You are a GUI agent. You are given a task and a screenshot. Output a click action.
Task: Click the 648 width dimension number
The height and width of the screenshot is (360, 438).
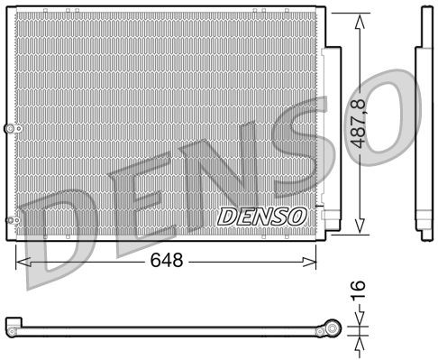166,262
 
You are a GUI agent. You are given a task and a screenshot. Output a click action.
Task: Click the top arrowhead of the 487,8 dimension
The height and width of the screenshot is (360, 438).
361,21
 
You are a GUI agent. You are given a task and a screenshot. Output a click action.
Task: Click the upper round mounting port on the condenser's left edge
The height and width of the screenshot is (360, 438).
10,130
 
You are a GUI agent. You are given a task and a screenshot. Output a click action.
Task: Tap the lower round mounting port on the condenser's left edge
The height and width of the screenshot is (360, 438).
10,220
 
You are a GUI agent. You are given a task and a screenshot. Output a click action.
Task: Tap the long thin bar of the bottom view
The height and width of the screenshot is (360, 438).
171,328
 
